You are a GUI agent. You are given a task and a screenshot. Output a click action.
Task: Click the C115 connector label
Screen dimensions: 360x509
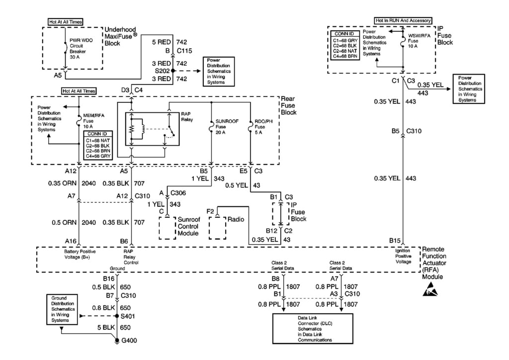coord(185,51)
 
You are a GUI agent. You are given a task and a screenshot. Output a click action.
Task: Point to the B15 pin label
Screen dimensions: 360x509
coord(395,240)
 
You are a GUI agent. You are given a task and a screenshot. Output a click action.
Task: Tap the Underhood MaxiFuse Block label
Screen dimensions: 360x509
coord(121,36)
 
